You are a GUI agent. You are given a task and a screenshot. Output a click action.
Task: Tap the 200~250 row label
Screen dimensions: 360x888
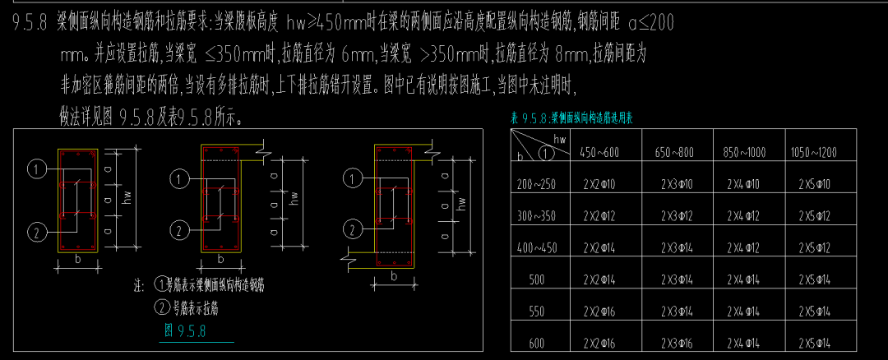pos(537,184)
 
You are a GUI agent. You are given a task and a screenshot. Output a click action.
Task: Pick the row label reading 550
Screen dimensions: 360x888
pos(537,312)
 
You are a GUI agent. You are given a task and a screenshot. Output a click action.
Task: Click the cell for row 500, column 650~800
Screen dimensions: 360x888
pos(677,280)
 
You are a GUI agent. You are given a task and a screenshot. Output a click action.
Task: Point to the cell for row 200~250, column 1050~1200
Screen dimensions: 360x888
pos(816,184)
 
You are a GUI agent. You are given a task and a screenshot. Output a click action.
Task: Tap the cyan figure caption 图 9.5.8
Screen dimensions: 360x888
pos(185,331)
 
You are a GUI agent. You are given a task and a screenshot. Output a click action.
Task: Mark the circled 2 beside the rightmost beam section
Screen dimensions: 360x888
pos(351,229)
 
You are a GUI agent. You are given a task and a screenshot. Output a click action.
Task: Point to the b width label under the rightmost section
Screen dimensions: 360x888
pos(395,277)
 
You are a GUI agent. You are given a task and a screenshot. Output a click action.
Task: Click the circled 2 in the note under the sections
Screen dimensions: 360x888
pos(161,309)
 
